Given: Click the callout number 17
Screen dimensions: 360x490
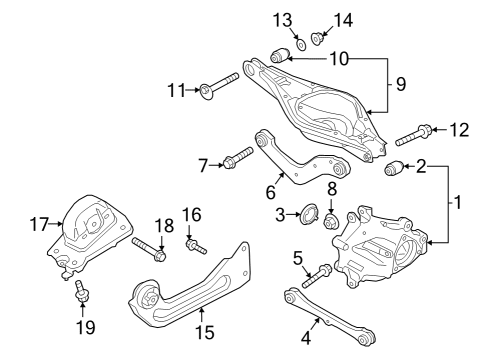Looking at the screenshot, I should (39, 226).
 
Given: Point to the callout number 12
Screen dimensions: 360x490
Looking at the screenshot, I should (460, 128).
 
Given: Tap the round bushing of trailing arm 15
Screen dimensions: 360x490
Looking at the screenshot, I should (146, 298).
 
